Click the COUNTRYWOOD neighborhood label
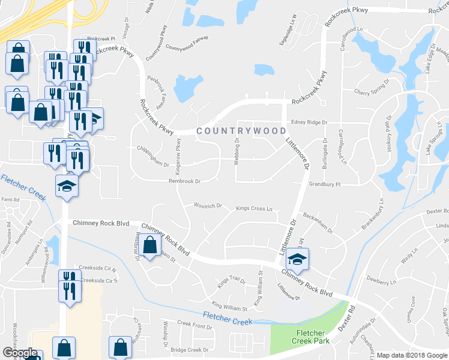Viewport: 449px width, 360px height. (x=241, y=130)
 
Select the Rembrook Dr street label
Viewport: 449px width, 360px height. (x=184, y=181)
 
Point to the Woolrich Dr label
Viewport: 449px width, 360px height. (x=208, y=205)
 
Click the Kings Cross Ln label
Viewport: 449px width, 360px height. (x=254, y=209)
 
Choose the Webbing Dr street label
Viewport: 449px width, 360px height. (x=237, y=148)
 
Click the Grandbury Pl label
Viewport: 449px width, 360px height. (x=325, y=185)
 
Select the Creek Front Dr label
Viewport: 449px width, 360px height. (x=194, y=325)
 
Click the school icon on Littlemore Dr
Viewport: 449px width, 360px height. (x=296, y=258)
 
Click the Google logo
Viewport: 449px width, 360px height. (x=20, y=353)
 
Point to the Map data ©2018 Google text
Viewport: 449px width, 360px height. (x=412, y=355)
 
